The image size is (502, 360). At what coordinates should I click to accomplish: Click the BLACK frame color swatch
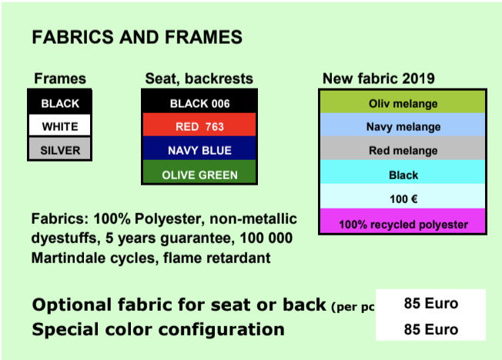pyautogui.click(x=60, y=103)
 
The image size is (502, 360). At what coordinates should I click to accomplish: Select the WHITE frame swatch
pyautogui.click(x=60, y=125)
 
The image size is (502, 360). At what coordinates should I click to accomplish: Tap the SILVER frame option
pyautogui.click(x=60, y=148)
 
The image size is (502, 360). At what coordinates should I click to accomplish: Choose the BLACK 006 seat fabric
pyautogui.click(x=199, y=102)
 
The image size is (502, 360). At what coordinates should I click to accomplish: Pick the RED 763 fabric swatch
pyautogui.click(x=199, y=125)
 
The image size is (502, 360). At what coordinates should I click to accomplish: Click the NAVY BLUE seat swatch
pyautogui.click(x=199, y=148)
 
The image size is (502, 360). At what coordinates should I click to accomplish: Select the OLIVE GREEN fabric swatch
pyautogui.click(x=199, y=172)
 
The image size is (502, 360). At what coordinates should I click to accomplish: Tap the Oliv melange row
pyautogui.click(x=403, y=102)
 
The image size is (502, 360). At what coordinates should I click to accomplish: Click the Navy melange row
pyautogui.click(x=403, y=125)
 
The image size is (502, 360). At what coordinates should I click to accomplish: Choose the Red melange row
pyautogui.click(x=403, y=148)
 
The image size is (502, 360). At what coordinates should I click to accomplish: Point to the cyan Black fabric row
pyautogui.click(x=403, y=172)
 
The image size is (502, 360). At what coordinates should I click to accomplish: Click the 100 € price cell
pyautogui.click(x=403, y=196)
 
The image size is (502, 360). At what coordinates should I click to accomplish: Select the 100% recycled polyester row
pyautogui.click(x=403, y=221)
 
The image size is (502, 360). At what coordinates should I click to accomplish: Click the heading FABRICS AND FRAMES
pyautogui.click(x=137, y=37)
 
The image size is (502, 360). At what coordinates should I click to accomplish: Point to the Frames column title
pyautogui.click(x=60, y=78)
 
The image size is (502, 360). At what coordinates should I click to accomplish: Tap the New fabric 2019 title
pyautogui.click(x=378, y=78)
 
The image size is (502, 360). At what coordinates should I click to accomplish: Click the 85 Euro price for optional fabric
pyautogui.click(x=431, y=303)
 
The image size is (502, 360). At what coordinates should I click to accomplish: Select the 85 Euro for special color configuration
pyautogui.click(x=431, y=329)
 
